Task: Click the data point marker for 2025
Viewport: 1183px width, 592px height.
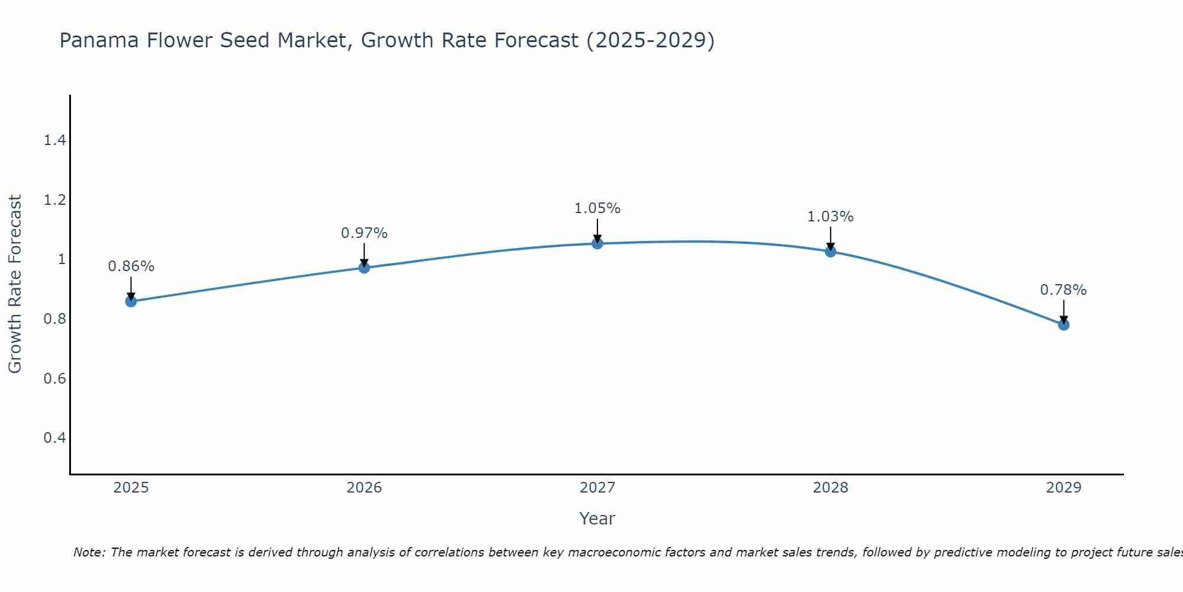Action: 131,301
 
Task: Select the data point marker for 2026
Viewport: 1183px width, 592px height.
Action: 364,268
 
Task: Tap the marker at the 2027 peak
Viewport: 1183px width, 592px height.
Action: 597,243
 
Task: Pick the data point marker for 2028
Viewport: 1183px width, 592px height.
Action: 830,252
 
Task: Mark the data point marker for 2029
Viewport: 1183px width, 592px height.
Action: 1064,324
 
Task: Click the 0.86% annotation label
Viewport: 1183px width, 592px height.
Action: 131,266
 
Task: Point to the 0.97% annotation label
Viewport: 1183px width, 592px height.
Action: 364,233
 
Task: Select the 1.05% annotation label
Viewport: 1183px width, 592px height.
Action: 597,208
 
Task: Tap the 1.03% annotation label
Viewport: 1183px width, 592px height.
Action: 830,217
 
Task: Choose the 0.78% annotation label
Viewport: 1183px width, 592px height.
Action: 1064,290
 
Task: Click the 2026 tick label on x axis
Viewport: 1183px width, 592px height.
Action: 364,488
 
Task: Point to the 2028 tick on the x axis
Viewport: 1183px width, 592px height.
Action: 830,488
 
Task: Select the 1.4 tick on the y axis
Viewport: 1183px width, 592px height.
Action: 54,140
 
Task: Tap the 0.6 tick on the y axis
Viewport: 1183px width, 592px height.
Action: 54,378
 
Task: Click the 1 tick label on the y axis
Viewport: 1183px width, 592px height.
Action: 62,259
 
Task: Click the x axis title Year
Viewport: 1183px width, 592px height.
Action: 597,519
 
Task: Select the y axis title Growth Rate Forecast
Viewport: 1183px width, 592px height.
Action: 15,284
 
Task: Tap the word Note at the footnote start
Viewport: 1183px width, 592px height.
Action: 89,552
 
